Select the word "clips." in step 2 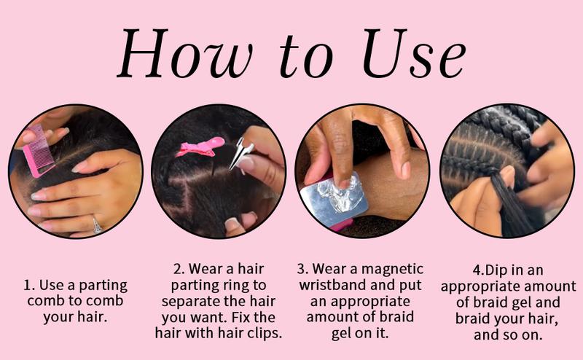click(x=262, y=333)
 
